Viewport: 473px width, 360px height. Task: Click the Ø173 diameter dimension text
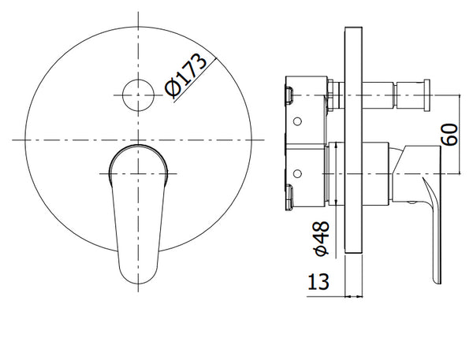[x=186, y=76]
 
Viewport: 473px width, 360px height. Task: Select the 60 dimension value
[x=449, y=135]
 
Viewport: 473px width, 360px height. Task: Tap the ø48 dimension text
[x=322, y=238]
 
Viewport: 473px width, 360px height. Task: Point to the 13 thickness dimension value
[x=318, y=282]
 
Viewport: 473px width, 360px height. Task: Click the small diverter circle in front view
[x=138, y=95]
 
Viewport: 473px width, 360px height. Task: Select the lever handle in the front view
[x=138, y=214]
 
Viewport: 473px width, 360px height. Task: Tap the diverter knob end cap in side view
[x=426, y=95]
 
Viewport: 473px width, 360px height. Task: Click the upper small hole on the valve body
[x=297, y=121]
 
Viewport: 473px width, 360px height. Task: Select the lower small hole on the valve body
[x=297, y=173]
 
